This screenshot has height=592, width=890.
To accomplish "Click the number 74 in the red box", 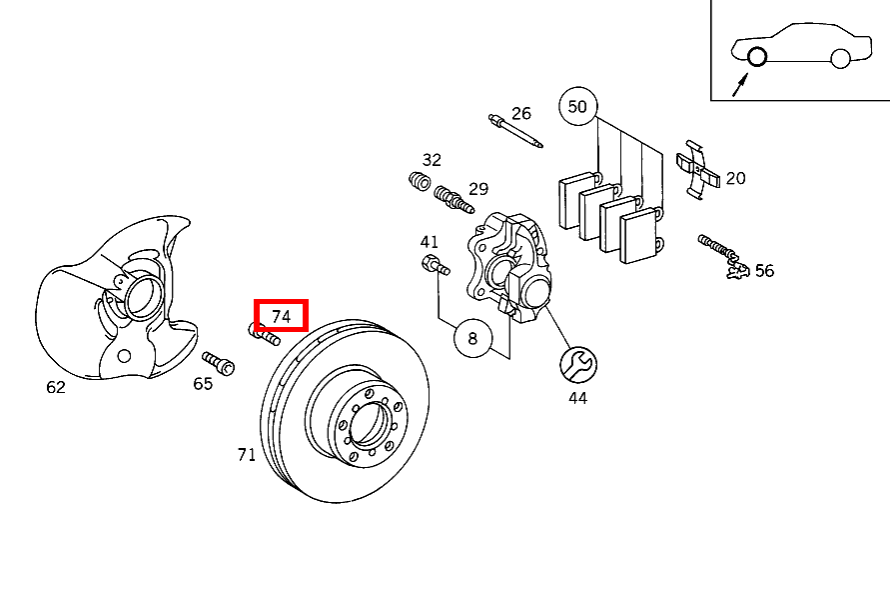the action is click(281, 316).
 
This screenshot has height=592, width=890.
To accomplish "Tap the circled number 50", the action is click(577, 106).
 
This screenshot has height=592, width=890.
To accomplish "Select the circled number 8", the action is click(472, 339).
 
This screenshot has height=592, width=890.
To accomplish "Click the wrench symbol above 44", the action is click(577, 365).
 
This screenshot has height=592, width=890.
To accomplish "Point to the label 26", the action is click(521, 114).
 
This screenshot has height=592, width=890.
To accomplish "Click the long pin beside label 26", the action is click(515, 131).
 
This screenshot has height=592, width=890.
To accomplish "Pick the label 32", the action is click(432, 160).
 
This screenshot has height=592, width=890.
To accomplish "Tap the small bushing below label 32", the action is click(420, 181).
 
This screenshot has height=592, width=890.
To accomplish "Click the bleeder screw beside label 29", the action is click(453, 199).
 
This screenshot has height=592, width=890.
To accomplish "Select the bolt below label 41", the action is click(436, 265).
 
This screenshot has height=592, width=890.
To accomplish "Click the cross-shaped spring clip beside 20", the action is click(697, 169).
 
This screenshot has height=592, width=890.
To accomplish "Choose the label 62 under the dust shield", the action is click(56, 387).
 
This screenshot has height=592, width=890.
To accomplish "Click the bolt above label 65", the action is click(218, 363).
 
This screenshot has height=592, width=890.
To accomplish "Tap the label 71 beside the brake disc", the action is click(247, 455).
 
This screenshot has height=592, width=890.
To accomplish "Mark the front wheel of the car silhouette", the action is click(756, 57).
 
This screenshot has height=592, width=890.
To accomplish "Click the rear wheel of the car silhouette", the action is click(840, 58).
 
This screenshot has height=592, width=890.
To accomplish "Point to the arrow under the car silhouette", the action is click(740, 85).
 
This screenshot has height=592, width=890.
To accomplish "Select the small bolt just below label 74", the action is click(264, 334).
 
